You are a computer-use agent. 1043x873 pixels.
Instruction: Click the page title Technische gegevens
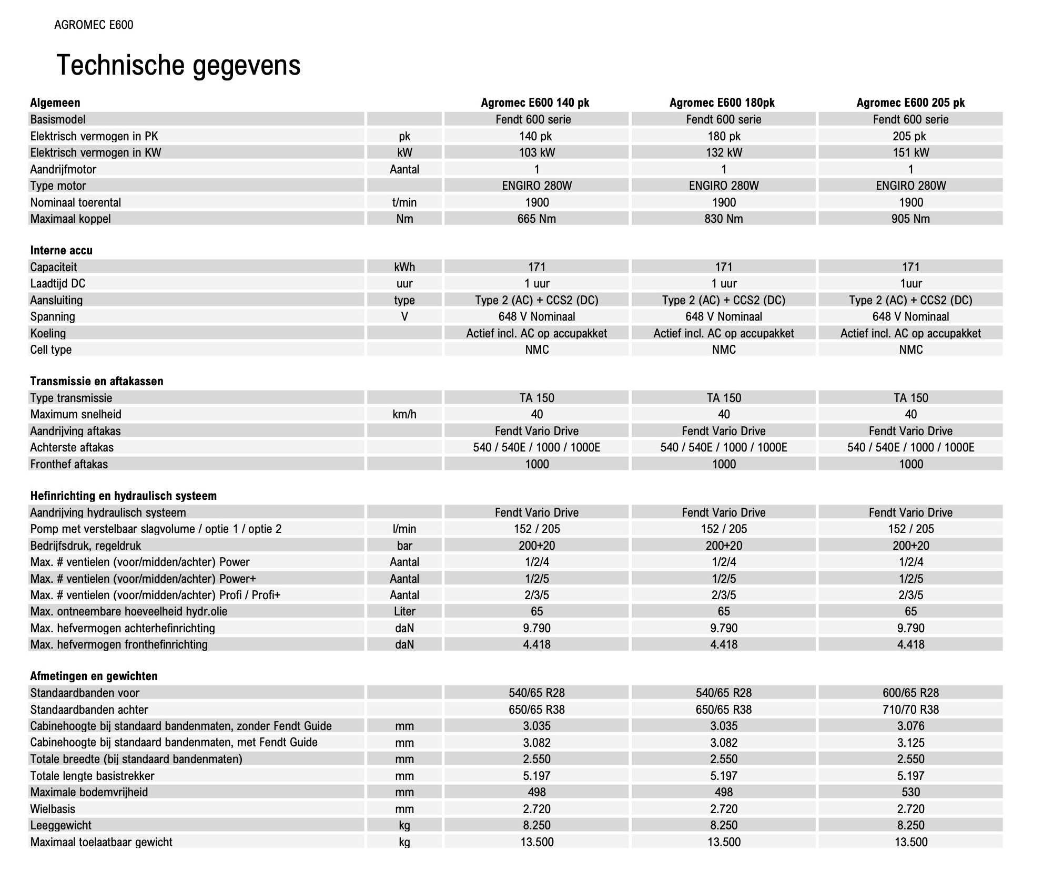[x=178, y=65]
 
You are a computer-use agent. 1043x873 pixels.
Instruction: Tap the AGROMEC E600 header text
[x=94, y=25]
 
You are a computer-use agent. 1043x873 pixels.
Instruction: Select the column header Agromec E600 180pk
[x=722, y=102]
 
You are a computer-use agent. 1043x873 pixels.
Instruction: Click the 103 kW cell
[x=536, y=152]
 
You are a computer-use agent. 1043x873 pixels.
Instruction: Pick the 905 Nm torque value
[x=910, y=219]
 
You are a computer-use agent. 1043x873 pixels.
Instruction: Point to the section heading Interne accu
[x=61, y=250]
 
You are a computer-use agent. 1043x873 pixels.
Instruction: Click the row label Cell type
[x=51, y=350]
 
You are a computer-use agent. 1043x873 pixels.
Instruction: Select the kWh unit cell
[x=404, y=267]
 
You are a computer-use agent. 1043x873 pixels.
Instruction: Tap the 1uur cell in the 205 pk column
[x=910, y=283]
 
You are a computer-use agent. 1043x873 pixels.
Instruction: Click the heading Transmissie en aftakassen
[x=97, y=381]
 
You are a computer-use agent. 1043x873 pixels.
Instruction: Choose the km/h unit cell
[x=404, y=414]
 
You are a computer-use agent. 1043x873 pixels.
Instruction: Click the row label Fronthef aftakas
[x=69, y=464]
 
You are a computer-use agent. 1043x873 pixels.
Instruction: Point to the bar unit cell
[x=404, y=546]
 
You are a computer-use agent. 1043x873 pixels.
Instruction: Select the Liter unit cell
[x=404, y=611]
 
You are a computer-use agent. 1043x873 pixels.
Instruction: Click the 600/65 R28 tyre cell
[x=910, y=693]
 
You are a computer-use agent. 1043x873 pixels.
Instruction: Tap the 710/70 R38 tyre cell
[x=910, y=710]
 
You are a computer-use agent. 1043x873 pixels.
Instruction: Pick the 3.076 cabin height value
[x=910, y=726]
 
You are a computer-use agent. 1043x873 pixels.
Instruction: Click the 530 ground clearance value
[x=910, y=792]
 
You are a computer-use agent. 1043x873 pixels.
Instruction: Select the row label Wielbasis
[x=53, y=809]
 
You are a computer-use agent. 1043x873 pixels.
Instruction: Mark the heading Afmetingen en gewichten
[x=94, y=676]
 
